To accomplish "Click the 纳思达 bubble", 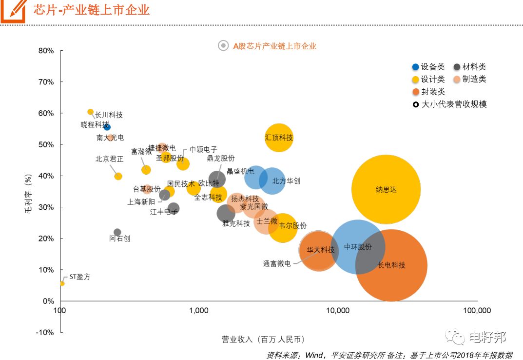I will click(x=386, y=189).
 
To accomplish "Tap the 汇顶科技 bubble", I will click(x=279, y=138).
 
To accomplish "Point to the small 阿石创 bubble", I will click(x=117, y=232).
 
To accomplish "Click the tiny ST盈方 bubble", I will click(x=62, y=283).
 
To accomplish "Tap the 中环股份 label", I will click(x=358, y=247).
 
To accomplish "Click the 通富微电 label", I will click(x=277, y=263).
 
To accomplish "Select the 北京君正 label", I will click(x=109, y=159).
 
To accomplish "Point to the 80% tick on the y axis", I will click(x=46, y=51).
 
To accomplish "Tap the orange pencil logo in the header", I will click(x=13, y=10).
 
